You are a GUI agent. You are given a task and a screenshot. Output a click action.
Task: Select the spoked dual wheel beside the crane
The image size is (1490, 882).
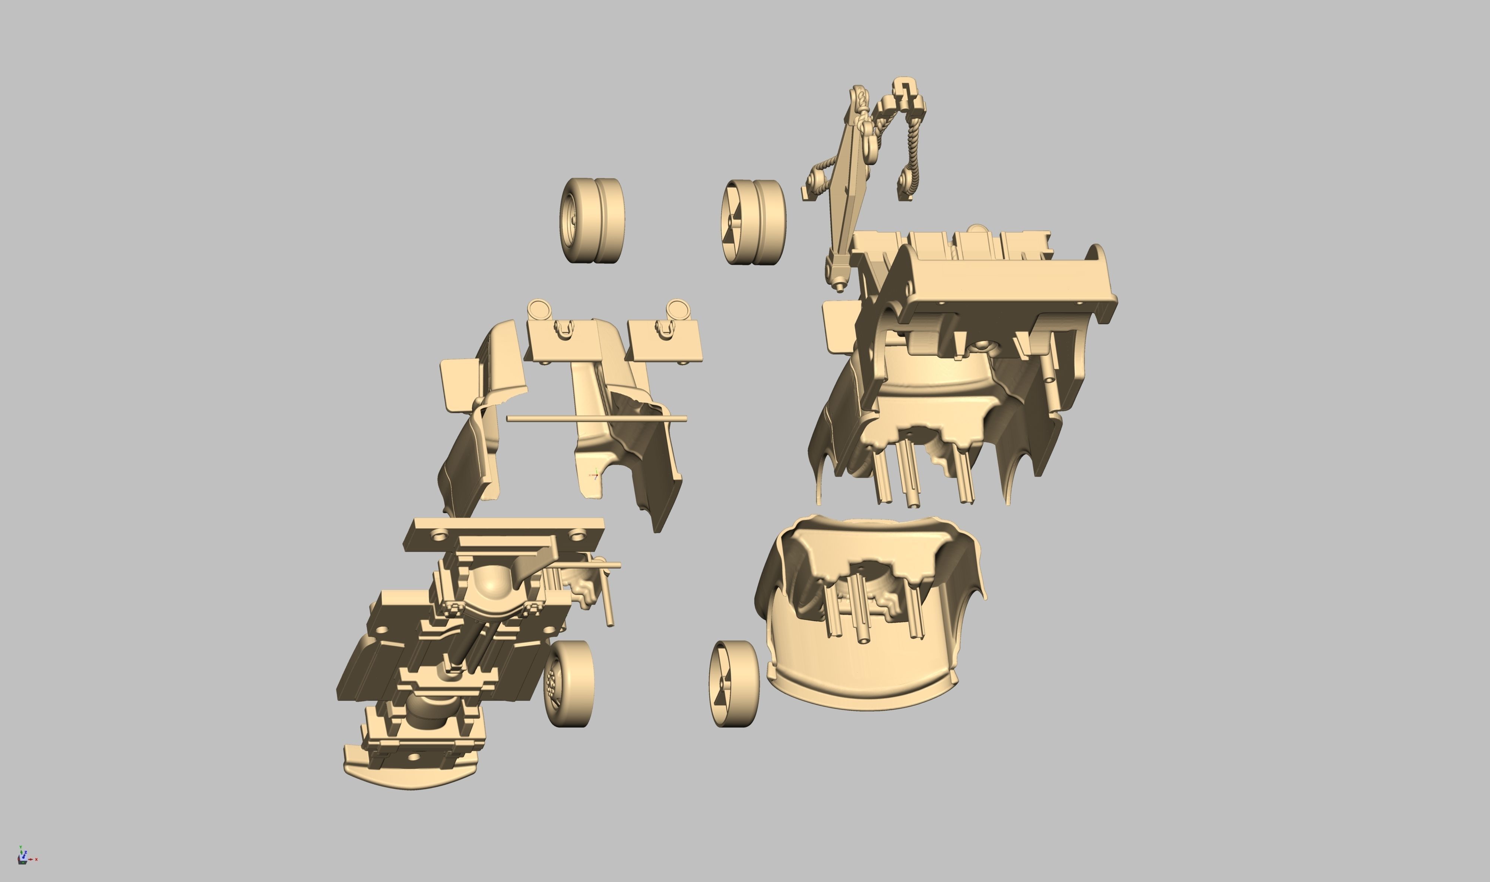[753, 222]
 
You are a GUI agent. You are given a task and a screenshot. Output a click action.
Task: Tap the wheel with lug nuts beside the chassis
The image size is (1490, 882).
[568, 683]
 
